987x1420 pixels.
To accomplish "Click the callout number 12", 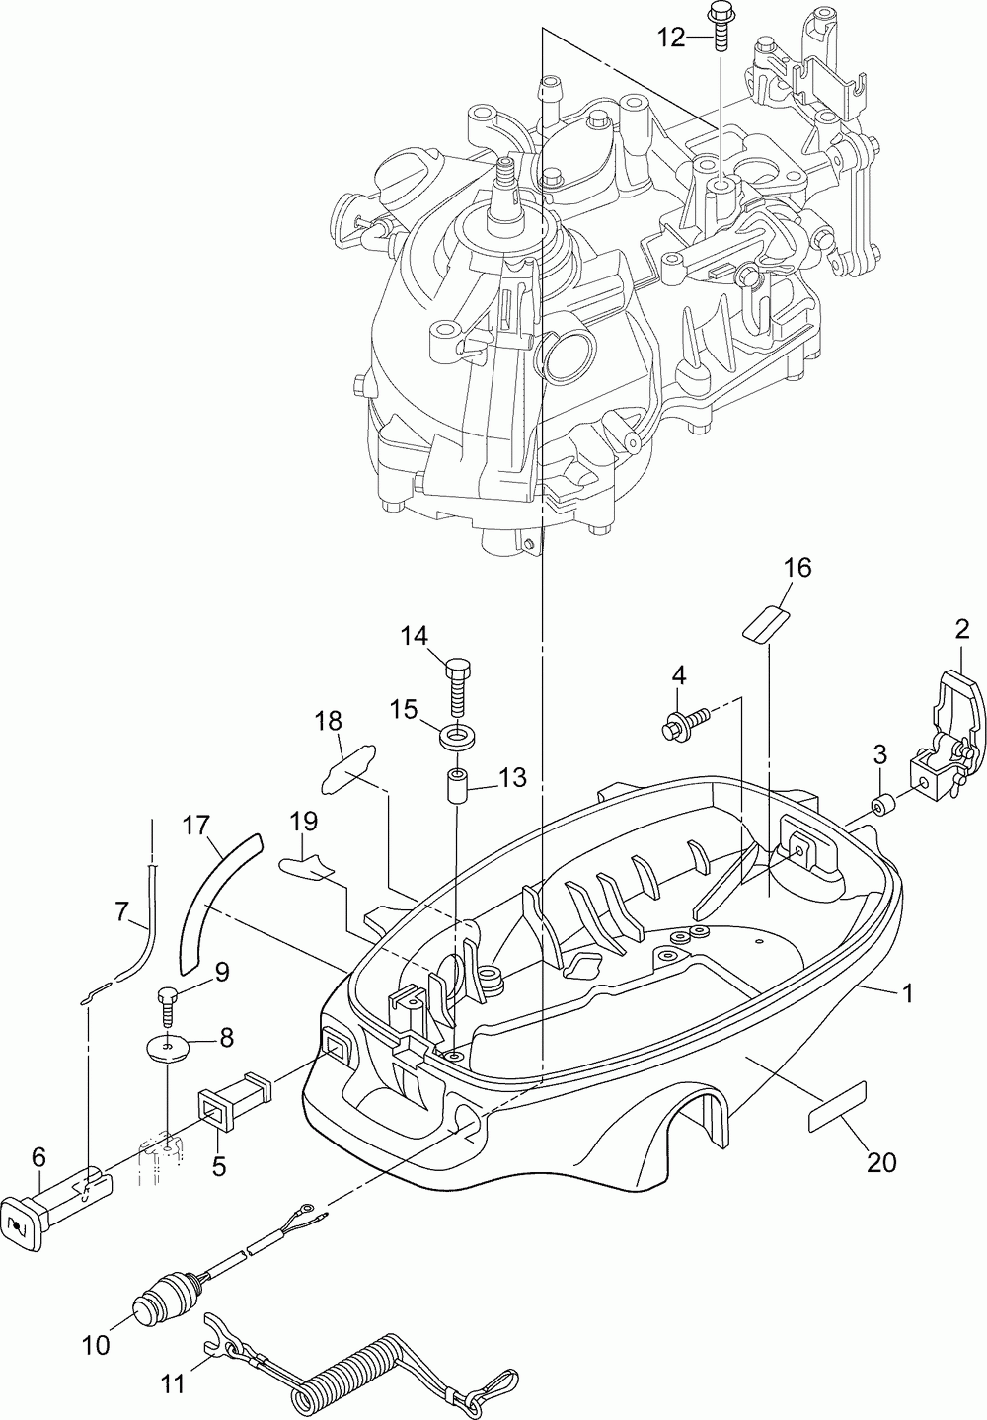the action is tap(670, 38).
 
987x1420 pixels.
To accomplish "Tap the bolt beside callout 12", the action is tap(721, 29).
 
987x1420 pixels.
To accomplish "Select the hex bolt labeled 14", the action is tap(457, 688).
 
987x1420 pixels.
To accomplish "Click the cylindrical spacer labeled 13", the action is tap(457, 786).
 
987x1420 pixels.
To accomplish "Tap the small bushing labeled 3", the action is tap(881, 809).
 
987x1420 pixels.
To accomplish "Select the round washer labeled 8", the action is tap(167, 1047).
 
